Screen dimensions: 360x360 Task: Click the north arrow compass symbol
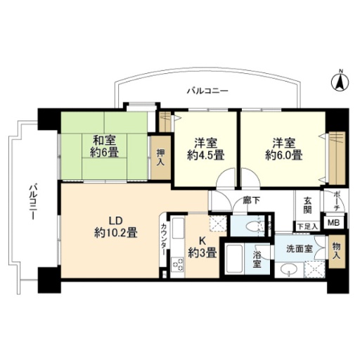(x=340, y=82)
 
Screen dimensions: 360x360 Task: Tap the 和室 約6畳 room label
(x=104, y=147)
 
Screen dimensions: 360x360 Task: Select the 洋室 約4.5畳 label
(x=205, y=149)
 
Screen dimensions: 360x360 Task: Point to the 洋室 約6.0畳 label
(x=283, y=149)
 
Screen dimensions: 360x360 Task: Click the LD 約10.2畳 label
(x=115, y=227)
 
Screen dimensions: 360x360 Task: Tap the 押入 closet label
(x=161, y=157)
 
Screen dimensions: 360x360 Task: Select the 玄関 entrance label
(x=307, y=205)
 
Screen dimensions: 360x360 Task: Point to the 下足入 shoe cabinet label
(x=307, y=226)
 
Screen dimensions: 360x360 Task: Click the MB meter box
(x=334, y=222)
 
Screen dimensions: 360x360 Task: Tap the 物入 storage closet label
(x=337, y=251)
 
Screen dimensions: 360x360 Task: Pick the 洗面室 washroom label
(x=300, y=249)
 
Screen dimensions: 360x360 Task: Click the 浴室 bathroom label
(x=257, y=259)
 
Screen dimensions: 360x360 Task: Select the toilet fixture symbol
(x=252, y=226)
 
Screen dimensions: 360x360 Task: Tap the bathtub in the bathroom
(x=234, y=259)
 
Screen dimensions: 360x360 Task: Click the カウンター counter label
(x=164, y=240)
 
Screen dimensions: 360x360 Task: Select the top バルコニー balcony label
(x=207, y=91)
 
